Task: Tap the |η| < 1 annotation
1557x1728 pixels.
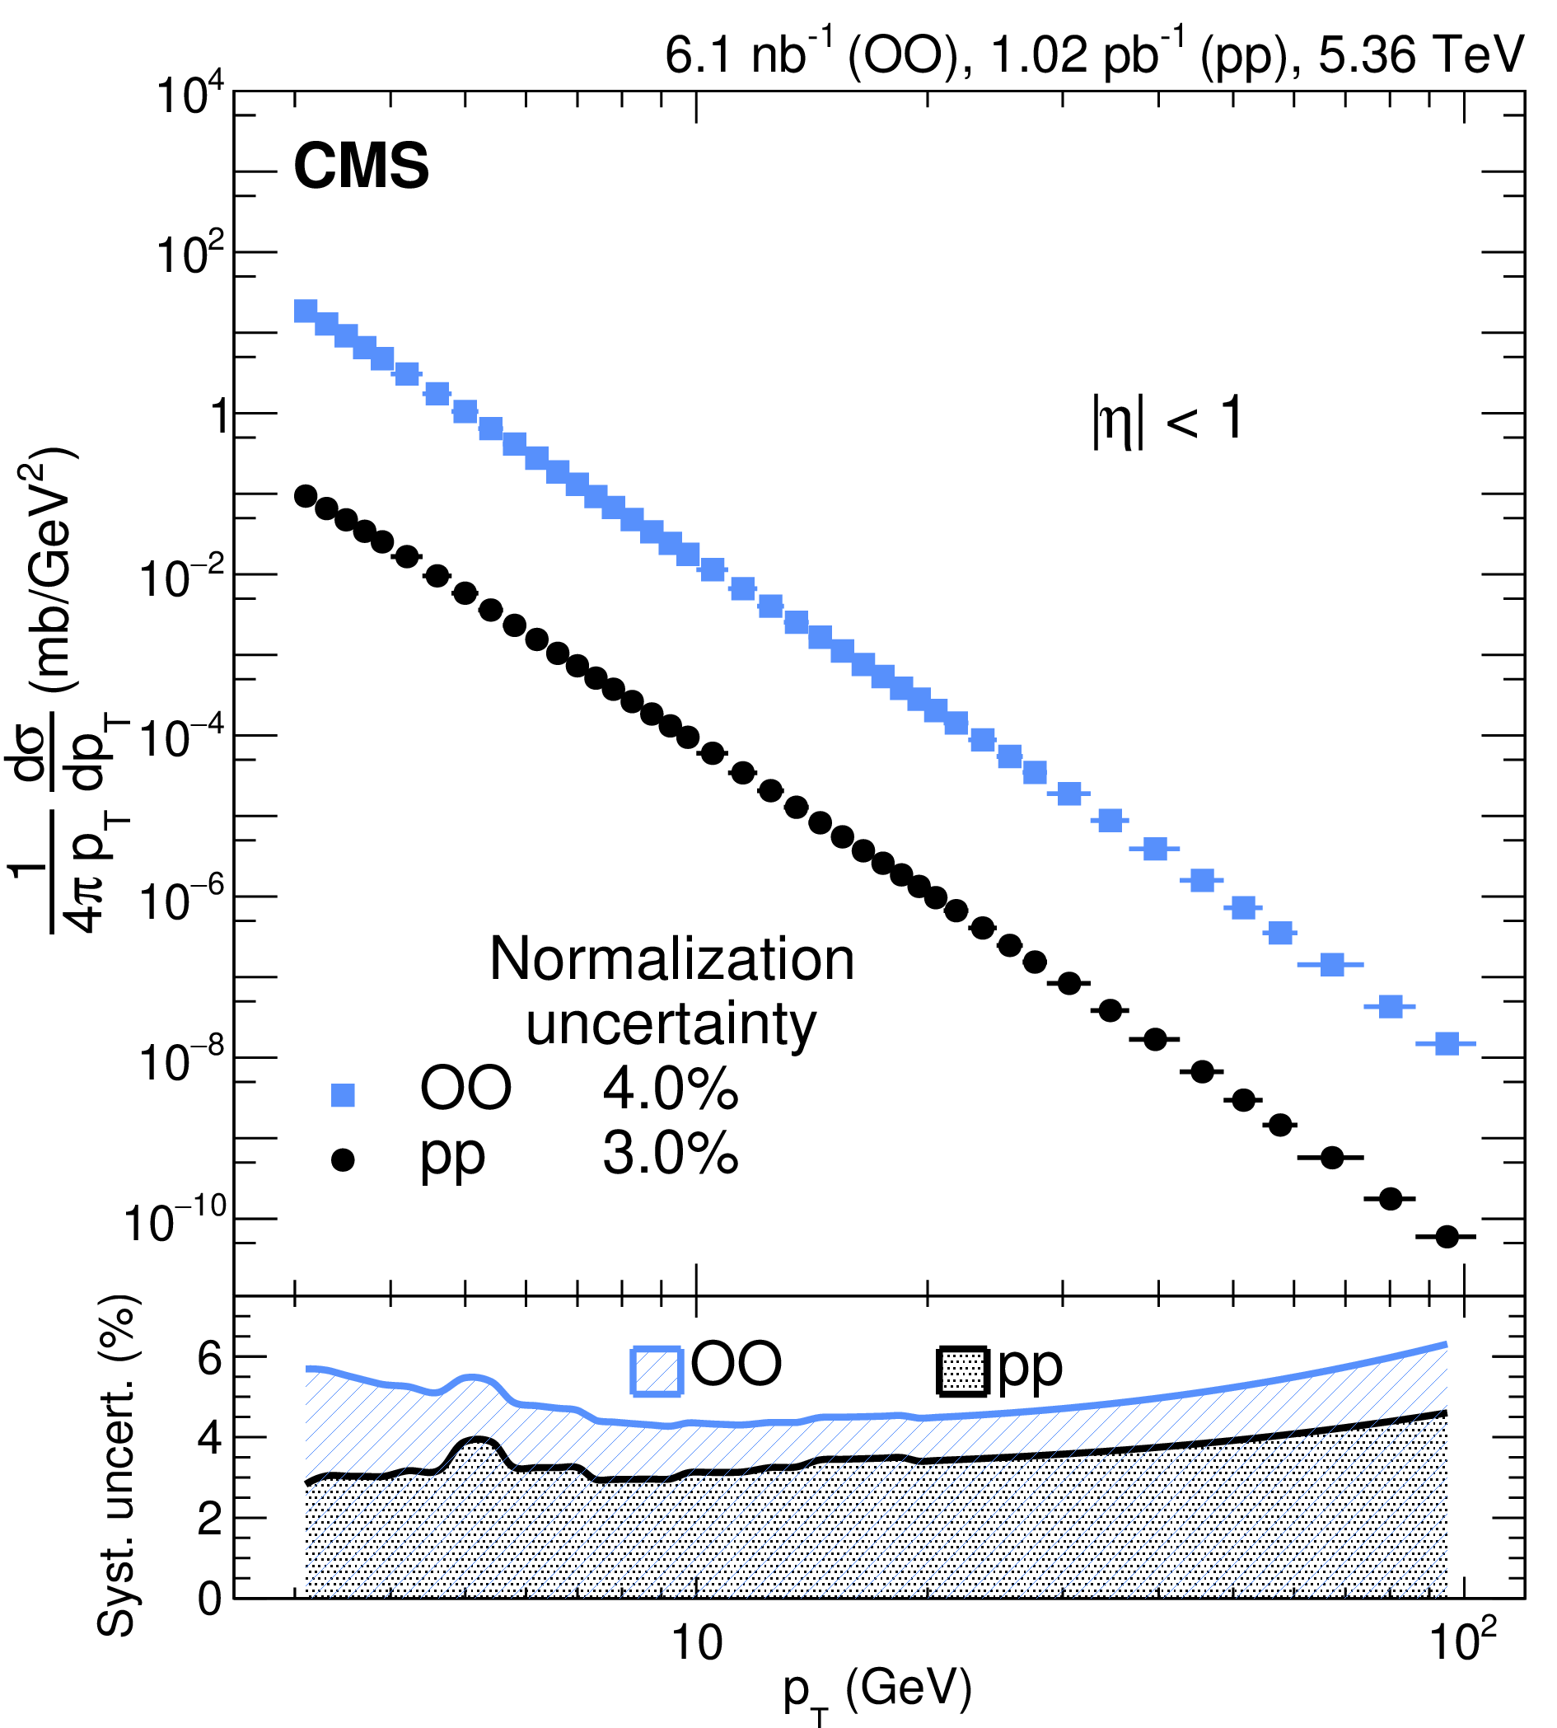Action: click(x=1167, y=420)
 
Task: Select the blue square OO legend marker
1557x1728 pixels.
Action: click(x=343, y=1094)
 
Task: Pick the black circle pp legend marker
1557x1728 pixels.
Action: click(x=343, y=1159)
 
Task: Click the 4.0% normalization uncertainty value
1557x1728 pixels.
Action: click(x=670, y=1089)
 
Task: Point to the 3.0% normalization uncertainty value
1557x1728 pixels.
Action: click(x=670, y=1154)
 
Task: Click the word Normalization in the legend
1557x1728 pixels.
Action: click(x=671, y=959)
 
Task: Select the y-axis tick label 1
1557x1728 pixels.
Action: click(x=219, y=417)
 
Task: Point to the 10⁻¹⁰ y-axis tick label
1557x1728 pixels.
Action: click(x=176, y=1223)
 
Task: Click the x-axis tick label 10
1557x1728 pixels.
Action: click(x=696, y=1641)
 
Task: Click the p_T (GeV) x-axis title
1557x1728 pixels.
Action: click(x=877, y=1693)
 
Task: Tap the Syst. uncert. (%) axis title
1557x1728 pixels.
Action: click(x=118, y=1464)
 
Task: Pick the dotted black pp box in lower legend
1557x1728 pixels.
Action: click(x=964, y=1373)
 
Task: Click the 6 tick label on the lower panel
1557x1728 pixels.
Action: click(x=210, y=1358)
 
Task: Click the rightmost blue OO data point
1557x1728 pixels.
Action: click(x=1447, y=1043)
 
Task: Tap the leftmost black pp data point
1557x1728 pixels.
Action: click(x=306, y=496)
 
